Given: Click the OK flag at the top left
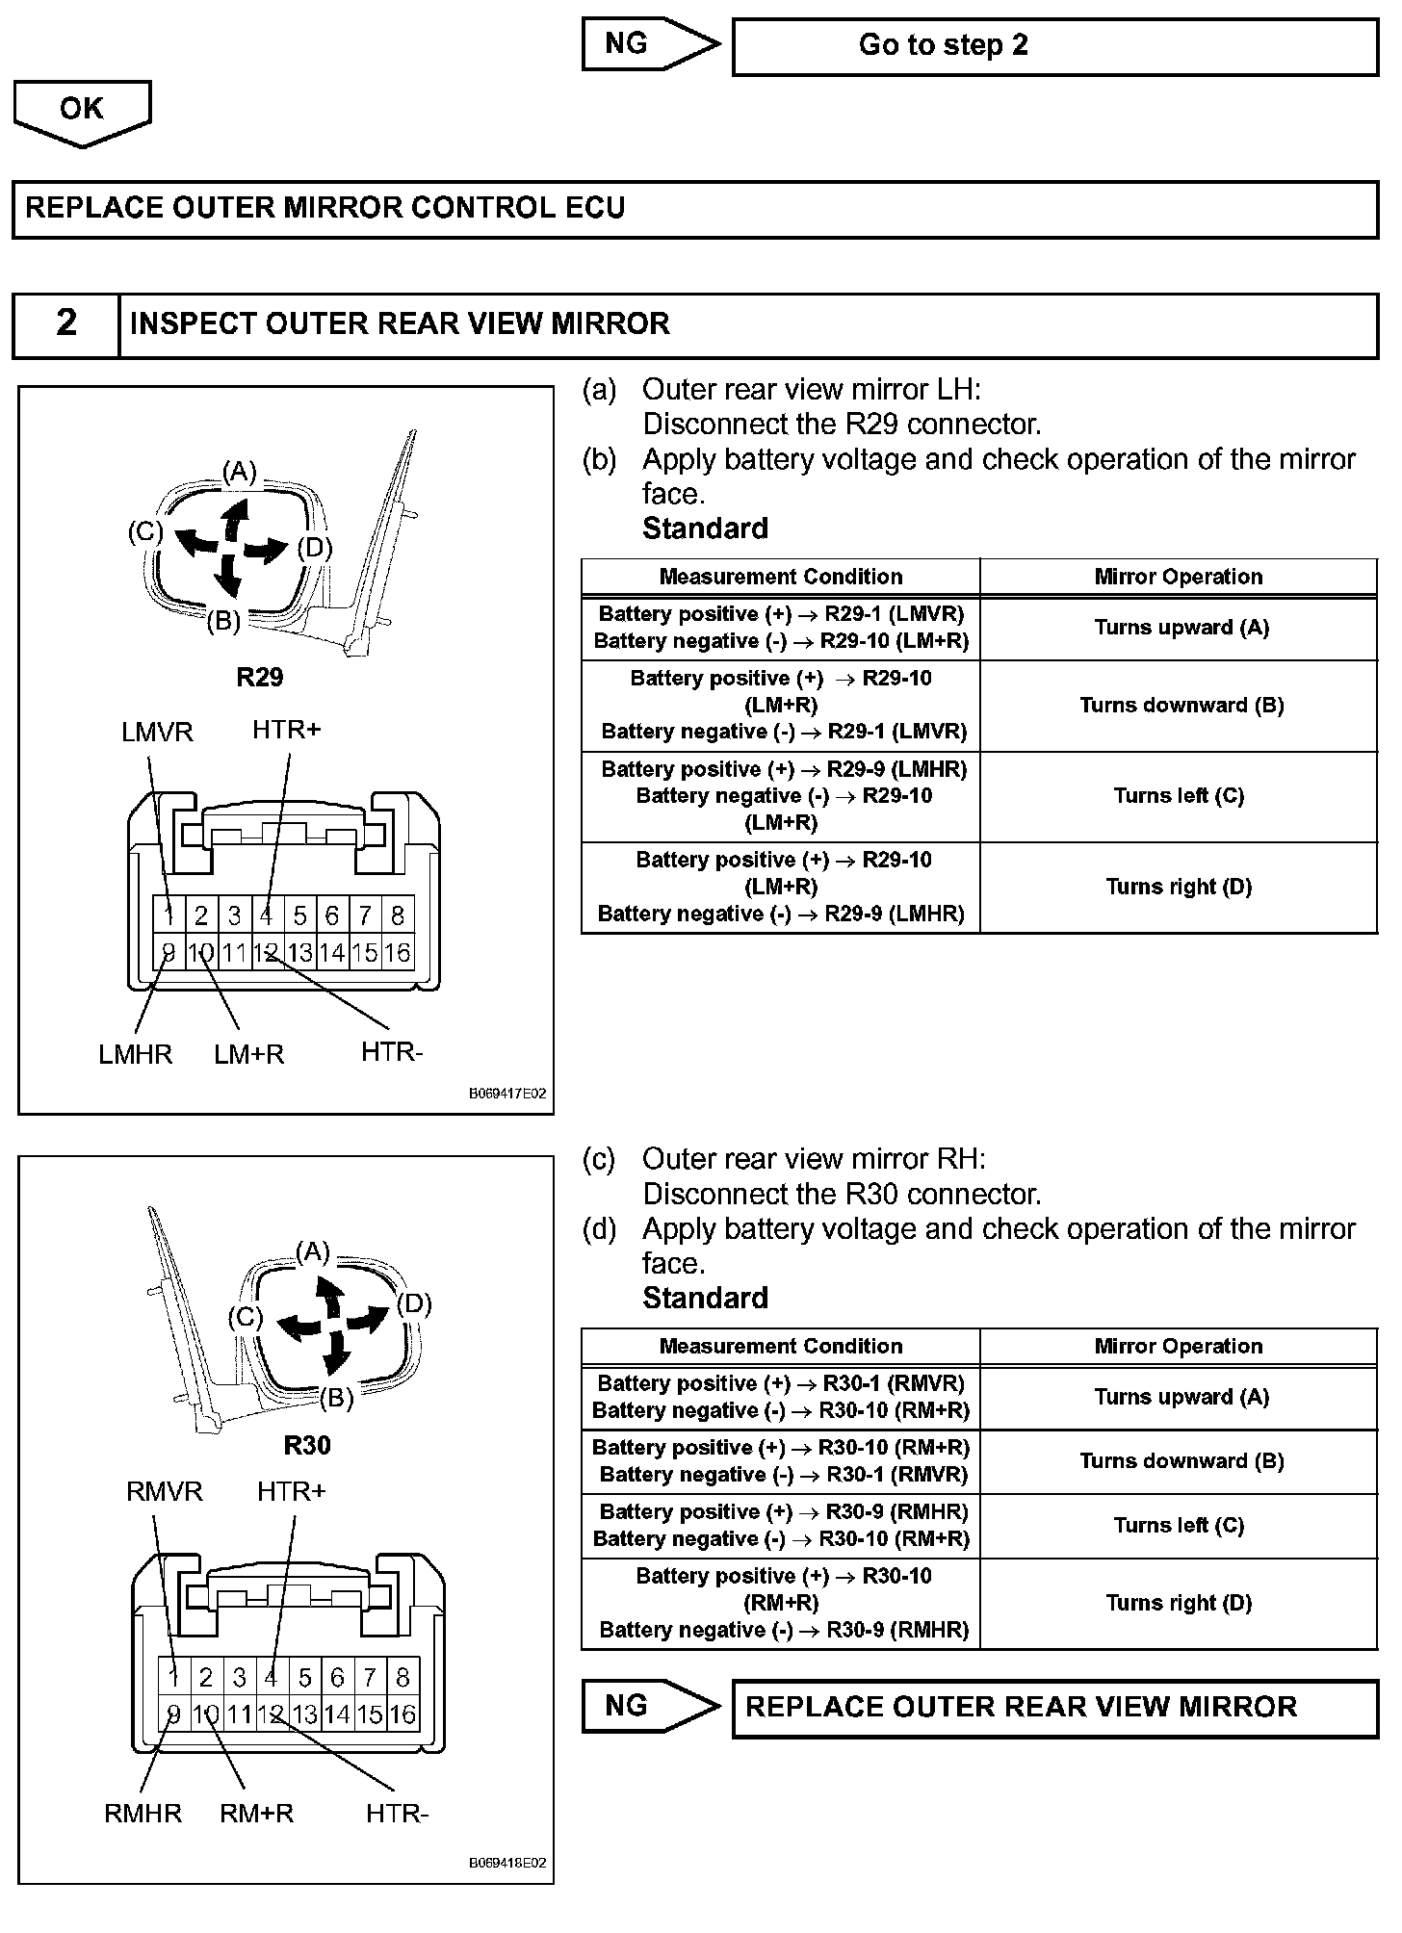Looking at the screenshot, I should [x=82, y=110].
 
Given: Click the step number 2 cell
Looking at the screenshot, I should [x=65, y=323].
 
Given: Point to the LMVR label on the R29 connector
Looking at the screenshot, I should [x=157, y=733].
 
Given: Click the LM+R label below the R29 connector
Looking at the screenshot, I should [x=249, y=1055].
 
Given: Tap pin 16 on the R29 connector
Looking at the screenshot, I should [x=397, y=953].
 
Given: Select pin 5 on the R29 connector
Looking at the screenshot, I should [x=299, y=915].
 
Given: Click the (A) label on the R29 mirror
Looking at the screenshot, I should [x=240, y=472].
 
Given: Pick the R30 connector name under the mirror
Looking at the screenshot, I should [x=307, y=1445].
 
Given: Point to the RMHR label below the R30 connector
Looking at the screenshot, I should [x=143, y=1814].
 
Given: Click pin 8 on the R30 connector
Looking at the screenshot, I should [x=402, y=1677].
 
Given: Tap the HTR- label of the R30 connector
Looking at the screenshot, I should [x=397, y=1814].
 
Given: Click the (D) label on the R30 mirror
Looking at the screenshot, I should [x=414, y=1304].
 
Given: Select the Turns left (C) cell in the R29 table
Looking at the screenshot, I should [x=1179, y=796].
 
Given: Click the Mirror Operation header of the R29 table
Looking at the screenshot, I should [x=1178, y=577].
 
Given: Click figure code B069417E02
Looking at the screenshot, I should [x=507, y=1094].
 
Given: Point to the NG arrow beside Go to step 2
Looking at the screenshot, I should [x=650, y=44].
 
